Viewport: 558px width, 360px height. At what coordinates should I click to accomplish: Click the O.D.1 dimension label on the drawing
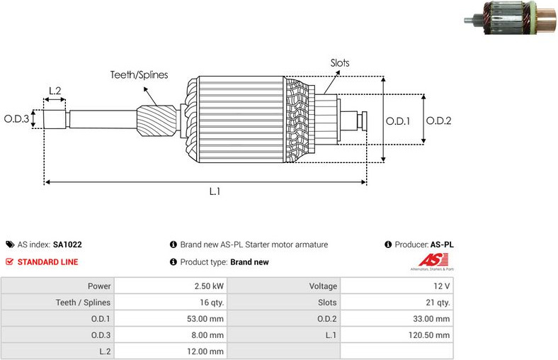[x=398, y=121]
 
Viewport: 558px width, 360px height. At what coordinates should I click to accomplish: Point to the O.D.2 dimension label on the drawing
[x=439, y=120]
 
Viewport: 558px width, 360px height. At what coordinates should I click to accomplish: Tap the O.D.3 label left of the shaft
[x=16, y=118]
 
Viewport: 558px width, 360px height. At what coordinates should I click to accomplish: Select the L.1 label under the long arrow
[x=215, y=191]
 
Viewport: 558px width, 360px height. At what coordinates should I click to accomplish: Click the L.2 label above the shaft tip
[x=55, y=91]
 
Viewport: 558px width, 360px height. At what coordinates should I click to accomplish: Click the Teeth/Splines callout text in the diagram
[x=139, y=75]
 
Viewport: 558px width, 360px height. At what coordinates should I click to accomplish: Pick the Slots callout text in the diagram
[x=340, y=63]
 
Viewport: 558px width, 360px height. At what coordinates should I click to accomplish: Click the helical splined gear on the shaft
[x=156, y=120]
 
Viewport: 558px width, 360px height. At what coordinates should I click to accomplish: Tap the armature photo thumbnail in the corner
[x=510, y=17]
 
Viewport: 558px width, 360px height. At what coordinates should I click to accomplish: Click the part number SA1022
[x=67, y=244]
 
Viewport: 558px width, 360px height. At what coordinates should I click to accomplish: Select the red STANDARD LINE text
[x=47, y=262]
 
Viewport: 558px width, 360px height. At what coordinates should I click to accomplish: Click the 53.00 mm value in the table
[x=205, y=319]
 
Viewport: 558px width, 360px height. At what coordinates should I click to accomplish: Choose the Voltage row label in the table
[x=323, y=286]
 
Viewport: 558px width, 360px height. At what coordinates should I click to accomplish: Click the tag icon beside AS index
[x=10, y=244]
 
